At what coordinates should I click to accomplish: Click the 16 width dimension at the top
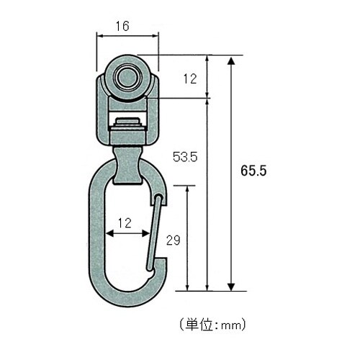pyautogui.click(x=122, y=27)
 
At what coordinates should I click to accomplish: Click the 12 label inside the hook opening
pyautogui.click(x=125, y=223)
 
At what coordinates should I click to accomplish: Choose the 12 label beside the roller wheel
pyautogui.click(x=189, y=80)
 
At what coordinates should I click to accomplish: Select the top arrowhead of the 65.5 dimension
pyautogui.click(x=231, y=60)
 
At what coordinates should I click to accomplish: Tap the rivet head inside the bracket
pyautogui.click(x=127, y=121)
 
